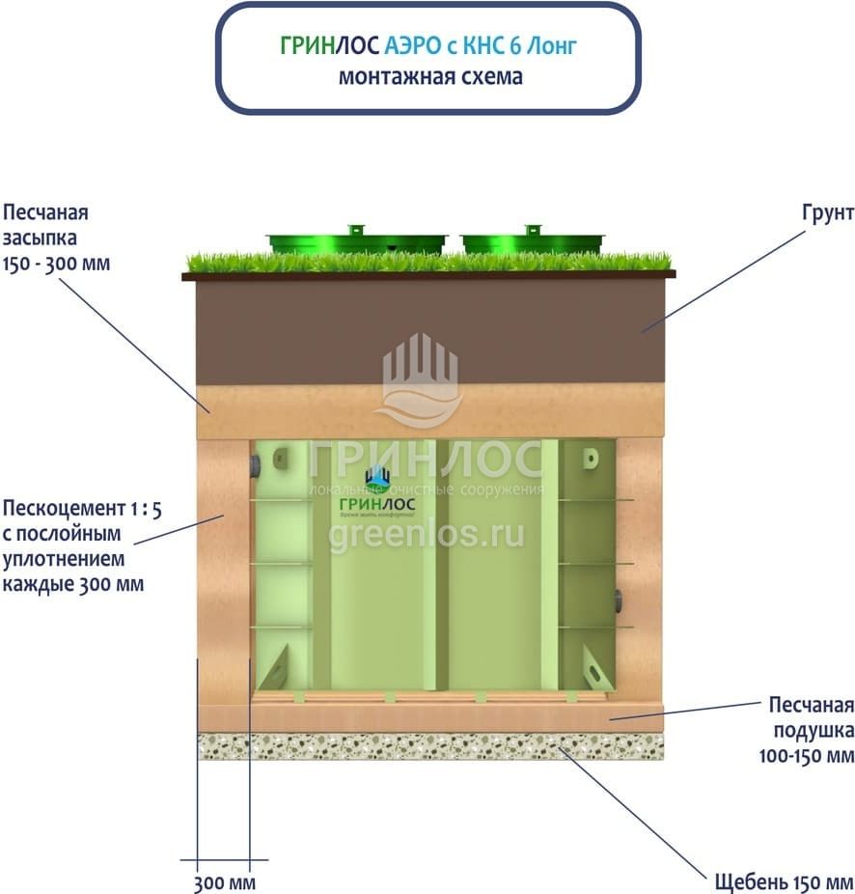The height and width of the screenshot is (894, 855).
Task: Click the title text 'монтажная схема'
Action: [x=430, y=77]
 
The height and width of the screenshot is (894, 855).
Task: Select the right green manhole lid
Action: [x=533, y=240]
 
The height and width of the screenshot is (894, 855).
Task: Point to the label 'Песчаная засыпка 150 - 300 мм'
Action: [x=56, y=237]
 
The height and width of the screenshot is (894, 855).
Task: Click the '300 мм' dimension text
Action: [x=224, y=882]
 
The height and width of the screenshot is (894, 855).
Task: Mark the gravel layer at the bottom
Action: [x=430, y=745]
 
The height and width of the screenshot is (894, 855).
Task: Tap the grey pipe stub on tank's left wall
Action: [x=255, y=466]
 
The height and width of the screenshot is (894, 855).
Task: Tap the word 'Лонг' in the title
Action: [x=556, y=45]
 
